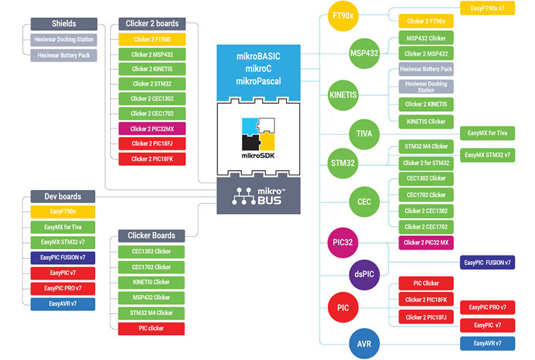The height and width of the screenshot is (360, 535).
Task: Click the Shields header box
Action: point(64,23)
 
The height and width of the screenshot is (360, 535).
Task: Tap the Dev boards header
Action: point(63,197)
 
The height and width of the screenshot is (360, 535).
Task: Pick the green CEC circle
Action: point(365,201)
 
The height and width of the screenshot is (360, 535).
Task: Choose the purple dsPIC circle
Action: point(365,273)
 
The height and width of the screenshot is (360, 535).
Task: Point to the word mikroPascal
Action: point(258,81)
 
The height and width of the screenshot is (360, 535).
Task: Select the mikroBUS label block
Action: point(258,197)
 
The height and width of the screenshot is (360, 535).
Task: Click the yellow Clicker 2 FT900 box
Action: point(151,39)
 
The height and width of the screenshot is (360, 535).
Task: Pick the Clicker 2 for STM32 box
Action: point(426,163)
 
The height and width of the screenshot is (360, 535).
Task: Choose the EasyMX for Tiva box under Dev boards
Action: point(63,227)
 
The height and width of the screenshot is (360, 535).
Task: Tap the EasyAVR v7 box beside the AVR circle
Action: point(488,343)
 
